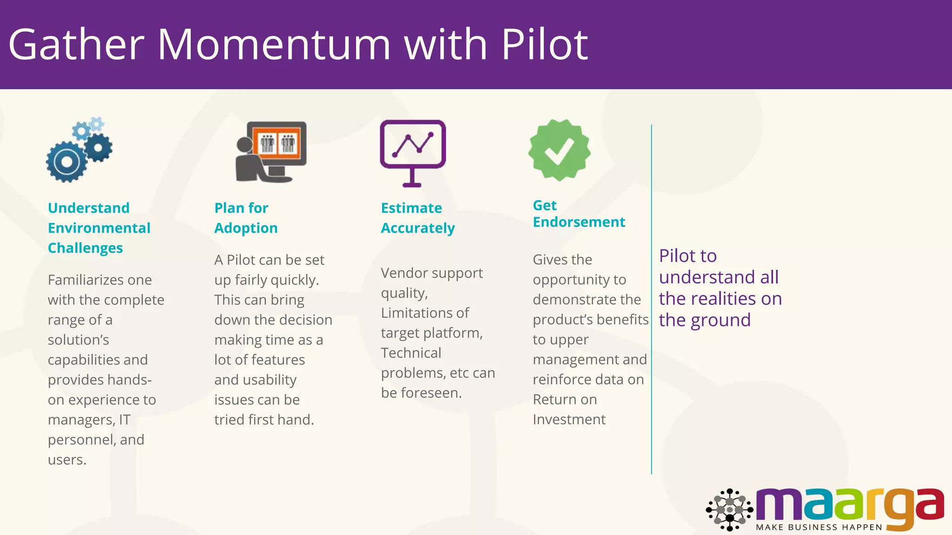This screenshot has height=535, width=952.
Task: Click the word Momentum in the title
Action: pos(274,45)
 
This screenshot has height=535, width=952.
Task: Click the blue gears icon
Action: pos(79,150)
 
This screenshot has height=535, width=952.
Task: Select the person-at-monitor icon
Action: pos(271,151)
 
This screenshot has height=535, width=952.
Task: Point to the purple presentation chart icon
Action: pos(413,152)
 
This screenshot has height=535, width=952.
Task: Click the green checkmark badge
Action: pos(559,150)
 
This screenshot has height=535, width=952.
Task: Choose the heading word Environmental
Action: pos(99,228)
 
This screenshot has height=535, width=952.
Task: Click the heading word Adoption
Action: pos(246,228)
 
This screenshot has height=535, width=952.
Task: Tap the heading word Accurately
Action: pos(418,228)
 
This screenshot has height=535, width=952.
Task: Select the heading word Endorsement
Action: pos(579,222)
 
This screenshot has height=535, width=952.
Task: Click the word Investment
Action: pos(569,420)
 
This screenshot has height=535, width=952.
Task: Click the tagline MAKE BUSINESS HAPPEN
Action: pos(819,527)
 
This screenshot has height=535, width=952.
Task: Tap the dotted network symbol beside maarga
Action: pos(729,509)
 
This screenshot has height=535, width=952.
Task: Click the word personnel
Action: pos(81,440)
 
